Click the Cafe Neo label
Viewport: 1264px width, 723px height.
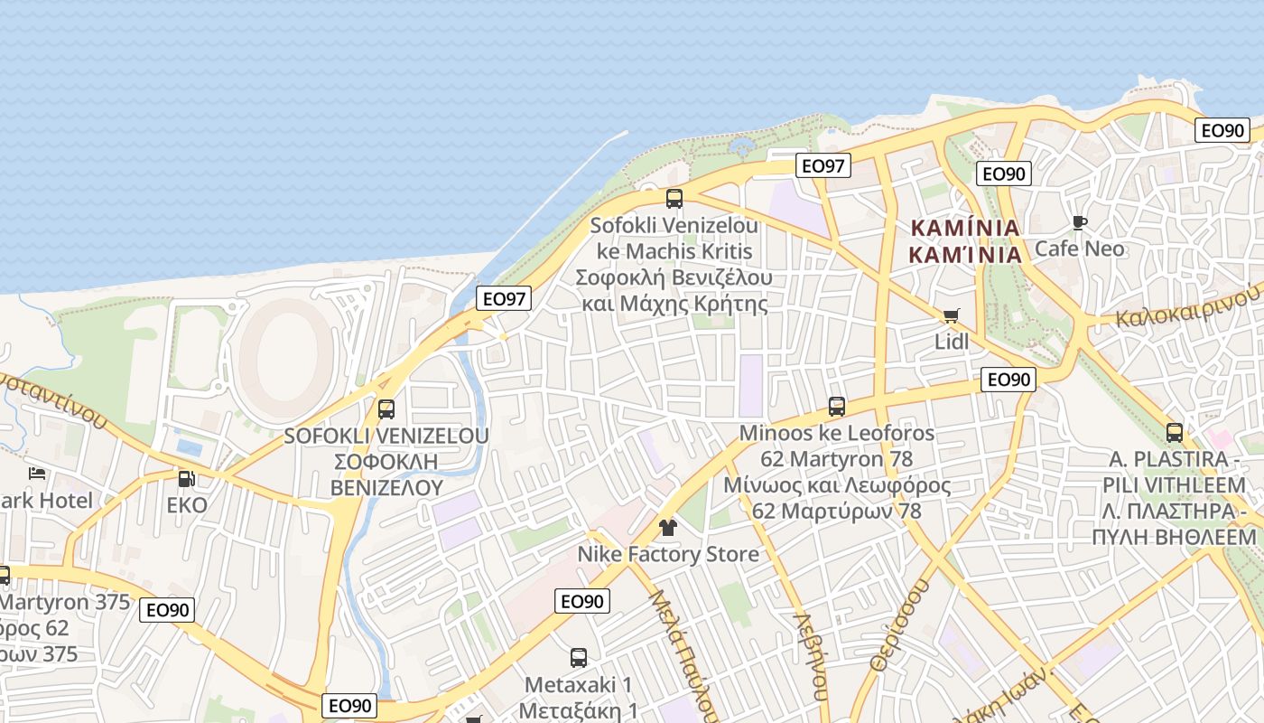(1080, 249)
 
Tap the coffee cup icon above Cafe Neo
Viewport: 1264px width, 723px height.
(1079, 222)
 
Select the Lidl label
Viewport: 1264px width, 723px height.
(952, 342)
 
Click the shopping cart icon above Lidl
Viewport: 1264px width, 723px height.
(951, 315)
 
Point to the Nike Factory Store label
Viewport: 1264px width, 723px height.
(668, 554)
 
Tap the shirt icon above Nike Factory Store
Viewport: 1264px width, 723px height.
(667, 528)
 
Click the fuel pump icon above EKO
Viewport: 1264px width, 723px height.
(186, 479)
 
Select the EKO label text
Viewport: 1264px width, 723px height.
(187, 504)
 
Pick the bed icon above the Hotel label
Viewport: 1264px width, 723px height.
(37, 474)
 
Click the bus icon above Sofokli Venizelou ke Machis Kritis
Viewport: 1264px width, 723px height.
(674, 199)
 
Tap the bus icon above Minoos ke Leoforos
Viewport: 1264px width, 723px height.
(837, 407)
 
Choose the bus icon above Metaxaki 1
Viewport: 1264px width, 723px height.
(579, 658)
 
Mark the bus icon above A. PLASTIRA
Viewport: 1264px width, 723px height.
(1175, 433)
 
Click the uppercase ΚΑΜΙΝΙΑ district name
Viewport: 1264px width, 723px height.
(965, 228)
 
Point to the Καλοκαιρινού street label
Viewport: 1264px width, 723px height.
(1187, 308)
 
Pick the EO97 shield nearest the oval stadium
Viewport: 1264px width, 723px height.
(504, 299)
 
